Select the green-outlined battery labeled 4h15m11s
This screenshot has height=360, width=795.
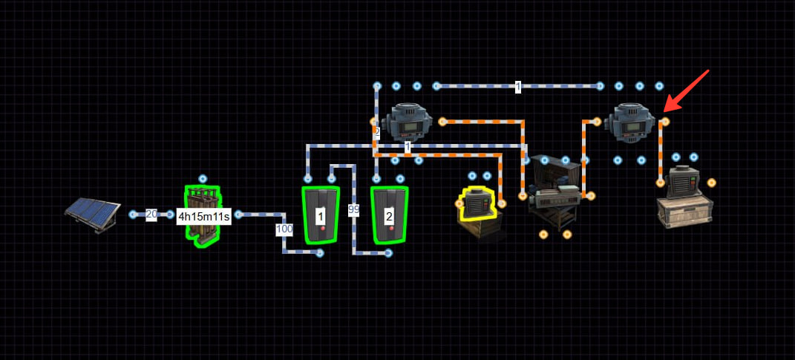tap(203, 217)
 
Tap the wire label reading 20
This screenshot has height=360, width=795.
tap(151, 215)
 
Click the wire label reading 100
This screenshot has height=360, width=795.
tap(284, 229)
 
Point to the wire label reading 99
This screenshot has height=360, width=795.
tap(354, 210)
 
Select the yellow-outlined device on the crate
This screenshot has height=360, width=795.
tap(478, 203)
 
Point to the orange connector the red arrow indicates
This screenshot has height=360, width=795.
tap(665, 122)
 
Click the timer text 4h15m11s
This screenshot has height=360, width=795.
tap(204, 217)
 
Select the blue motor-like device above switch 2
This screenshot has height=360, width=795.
tap(407, 122)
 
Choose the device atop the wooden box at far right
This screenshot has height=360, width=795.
tap(683, 182)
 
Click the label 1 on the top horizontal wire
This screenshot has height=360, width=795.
tap(517, 87)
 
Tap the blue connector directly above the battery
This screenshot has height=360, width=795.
tap(203, 178)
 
